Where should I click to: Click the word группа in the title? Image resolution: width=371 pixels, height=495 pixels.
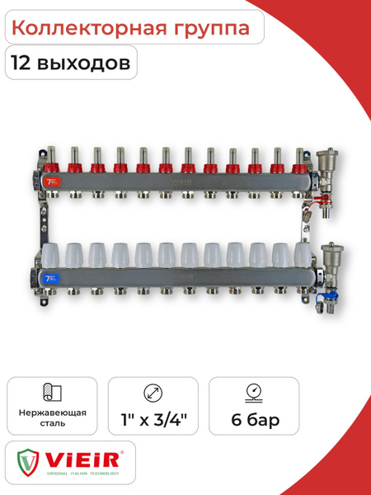(209, 29)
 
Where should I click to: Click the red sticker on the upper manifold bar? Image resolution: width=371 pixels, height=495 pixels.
(52, 181)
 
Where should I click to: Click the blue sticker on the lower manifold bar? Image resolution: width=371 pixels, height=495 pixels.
(52, 278)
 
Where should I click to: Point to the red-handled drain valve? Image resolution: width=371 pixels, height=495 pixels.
(322, 202)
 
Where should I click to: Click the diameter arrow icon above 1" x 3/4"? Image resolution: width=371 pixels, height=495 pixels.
(153, 394)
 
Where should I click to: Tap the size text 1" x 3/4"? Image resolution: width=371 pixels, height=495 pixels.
(153, 419)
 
